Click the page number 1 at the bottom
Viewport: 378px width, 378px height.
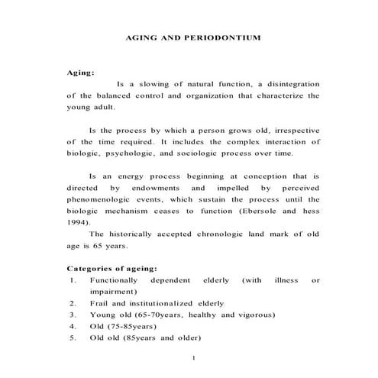(195, 358)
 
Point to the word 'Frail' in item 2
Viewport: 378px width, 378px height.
(102, 302)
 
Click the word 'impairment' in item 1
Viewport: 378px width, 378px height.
(113, 291)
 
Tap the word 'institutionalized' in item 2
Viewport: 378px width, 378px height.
(172, 302)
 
